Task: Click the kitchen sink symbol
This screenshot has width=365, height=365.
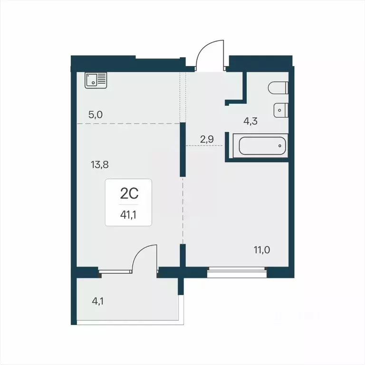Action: (x=96, y=80)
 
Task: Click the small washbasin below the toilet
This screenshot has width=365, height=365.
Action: (x=281, y=110)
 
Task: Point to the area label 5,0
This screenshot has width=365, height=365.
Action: (x=96, y=115)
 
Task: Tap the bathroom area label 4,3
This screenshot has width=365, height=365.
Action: (x=251, y=121)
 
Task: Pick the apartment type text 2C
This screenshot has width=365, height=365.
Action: (x=128, y=193)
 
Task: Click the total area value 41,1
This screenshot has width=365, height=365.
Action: (x=128, y=214)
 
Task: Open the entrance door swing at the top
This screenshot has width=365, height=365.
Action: (x=209, y=55)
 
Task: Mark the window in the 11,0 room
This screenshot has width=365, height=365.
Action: (x=237, y=272)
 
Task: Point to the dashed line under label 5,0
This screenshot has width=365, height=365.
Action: (x=128, y=124)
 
